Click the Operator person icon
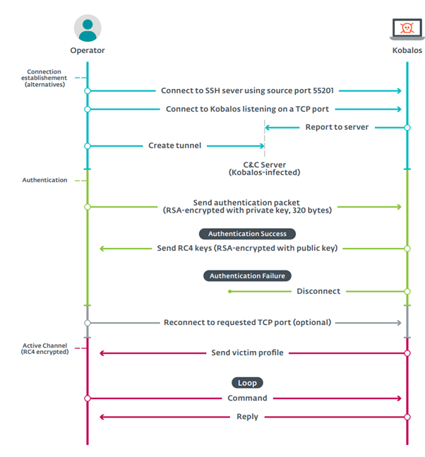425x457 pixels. tap(88, 28)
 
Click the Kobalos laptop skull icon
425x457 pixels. tap(407, 29)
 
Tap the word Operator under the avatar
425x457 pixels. tap(88, 51)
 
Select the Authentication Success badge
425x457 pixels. tap(247, 233)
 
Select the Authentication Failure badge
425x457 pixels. tap(247, 275)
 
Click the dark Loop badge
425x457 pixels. tap(247, 382)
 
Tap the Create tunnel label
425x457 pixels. tap(174, 146)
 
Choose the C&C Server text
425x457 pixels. tap(265, 163)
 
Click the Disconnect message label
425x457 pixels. tap(318, 291)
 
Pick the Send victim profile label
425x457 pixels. tap(247, 352)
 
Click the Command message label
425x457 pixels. tap(247, 398)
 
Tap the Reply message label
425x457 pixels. tap(247, 417)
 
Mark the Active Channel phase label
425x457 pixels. tap(44, 348)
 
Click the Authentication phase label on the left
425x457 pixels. tap(44, 180)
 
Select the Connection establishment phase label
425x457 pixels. tap(46, 78)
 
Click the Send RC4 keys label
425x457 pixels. tap(247, 249)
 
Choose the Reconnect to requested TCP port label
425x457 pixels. tap(247, 323)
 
